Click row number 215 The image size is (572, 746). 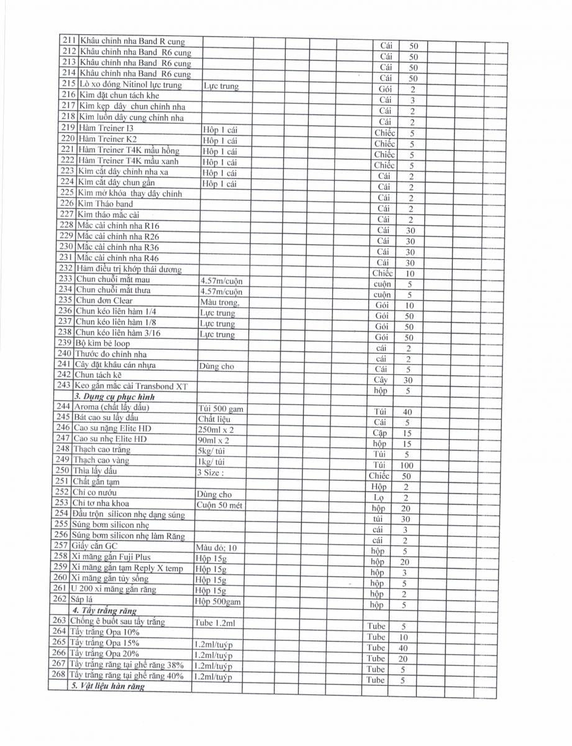[68, 83]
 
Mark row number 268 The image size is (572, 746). [58, 675]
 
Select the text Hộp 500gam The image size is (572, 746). [217, 601]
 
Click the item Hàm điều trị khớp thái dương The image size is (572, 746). [129, 269]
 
